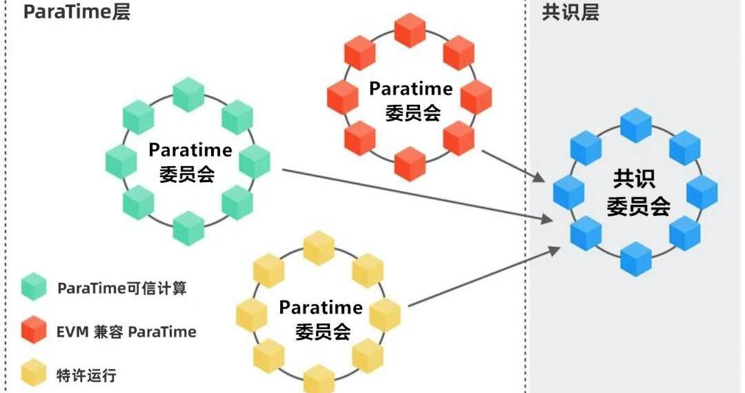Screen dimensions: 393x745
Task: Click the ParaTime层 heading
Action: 77,12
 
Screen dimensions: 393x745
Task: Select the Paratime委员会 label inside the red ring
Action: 411,101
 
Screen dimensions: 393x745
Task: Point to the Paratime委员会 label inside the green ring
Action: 189,161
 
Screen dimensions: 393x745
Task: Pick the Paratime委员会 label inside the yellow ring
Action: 321,319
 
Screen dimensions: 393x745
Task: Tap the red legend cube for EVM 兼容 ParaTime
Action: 34,332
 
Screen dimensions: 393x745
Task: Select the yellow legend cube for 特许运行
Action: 34,375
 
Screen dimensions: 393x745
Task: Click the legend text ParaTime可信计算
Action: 122,288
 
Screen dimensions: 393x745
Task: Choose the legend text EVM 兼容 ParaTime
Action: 126,332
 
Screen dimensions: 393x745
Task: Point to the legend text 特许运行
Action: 86,376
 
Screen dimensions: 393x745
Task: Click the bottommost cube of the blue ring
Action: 636,259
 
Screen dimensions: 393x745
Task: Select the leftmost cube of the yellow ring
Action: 252,314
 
